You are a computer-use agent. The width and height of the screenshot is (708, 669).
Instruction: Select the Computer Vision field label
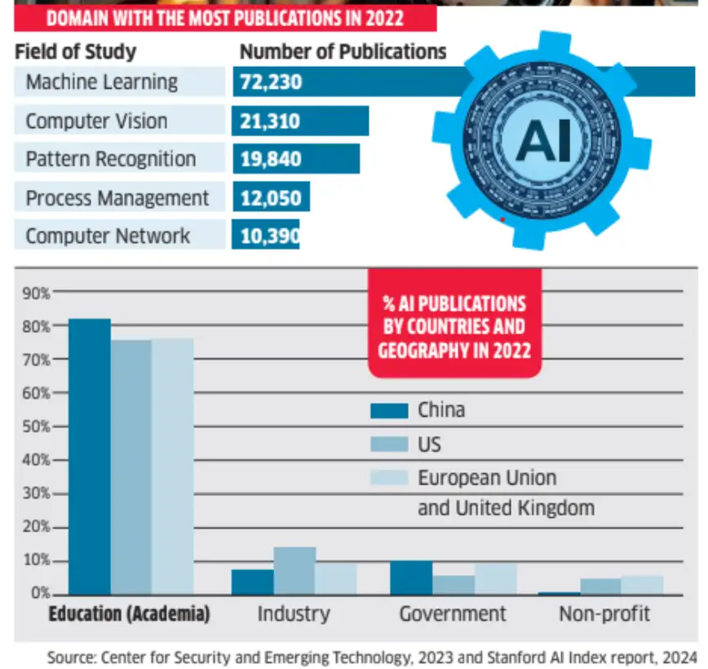(96, 122)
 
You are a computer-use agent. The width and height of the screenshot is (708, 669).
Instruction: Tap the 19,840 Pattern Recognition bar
(296, 159)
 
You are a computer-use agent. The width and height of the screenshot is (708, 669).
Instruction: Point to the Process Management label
(117, 198)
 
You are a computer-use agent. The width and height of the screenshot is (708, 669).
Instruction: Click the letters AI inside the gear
(543, 141)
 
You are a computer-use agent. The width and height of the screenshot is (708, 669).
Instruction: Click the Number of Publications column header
(343, 52)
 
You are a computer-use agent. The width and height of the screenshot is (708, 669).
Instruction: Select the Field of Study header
(75, 52)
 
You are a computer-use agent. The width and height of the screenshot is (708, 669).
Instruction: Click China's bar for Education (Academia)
(90, 457)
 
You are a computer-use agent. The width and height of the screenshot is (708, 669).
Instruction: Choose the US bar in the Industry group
(294, 570)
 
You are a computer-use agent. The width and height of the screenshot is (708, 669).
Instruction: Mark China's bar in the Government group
(411, 578)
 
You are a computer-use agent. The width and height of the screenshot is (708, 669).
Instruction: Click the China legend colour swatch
(388, 410)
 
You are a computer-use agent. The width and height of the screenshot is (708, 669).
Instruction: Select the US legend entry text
(429, 445)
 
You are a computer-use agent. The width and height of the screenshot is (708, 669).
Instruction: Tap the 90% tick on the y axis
(40, 292)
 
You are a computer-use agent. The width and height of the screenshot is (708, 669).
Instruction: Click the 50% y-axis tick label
(40, 427)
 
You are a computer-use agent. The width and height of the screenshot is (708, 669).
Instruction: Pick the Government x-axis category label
(453, 614)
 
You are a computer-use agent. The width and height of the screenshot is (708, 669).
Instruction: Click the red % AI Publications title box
(454, 326)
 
